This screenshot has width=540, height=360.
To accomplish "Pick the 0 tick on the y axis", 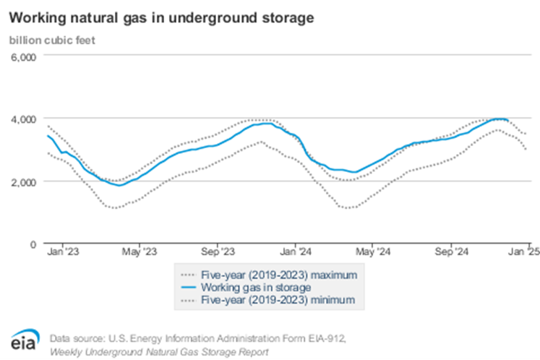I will tap(33, 244).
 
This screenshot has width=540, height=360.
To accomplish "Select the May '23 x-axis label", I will tap(139, 253).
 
